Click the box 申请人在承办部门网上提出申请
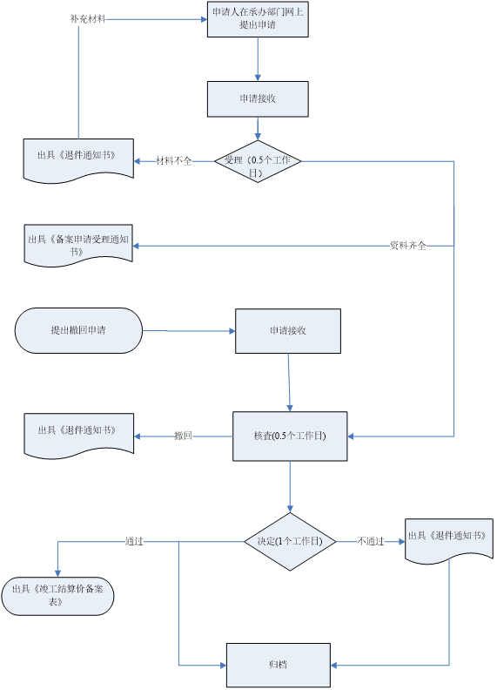[258, 19]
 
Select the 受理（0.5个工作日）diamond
[258, 161]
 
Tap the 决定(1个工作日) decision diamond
[290, 541]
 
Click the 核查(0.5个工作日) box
[290, 436]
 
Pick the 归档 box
[279, 665]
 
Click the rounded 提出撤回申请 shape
[78, 330]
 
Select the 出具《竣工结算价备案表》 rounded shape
[57, 596]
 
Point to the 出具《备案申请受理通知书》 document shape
[78, 246]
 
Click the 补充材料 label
[88, 19]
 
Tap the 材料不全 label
[174, 161]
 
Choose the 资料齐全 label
[408, 246]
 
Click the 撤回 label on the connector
[183, 436]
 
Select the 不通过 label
[370, 541]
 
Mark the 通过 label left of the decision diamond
[134, 541]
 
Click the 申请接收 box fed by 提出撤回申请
[288, 331]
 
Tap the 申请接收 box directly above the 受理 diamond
[258, 99]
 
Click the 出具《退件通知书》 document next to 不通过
[449, 540]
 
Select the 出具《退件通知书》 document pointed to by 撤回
[78, 436]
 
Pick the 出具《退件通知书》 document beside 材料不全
[78, 160]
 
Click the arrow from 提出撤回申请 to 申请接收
[189, 331]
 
